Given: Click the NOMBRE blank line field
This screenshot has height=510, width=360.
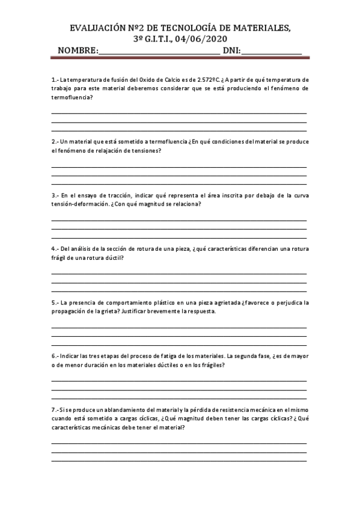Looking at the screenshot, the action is (x=159, y=52).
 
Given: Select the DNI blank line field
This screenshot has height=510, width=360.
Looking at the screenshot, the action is (x=271, y=52).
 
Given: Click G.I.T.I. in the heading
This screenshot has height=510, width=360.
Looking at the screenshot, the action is (x=157, y=40).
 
